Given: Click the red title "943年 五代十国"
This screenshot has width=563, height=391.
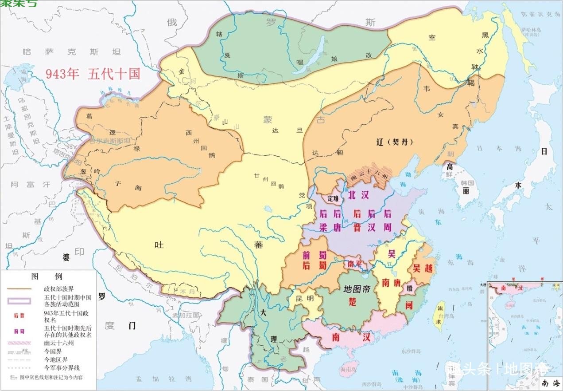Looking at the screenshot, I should pos(93,74).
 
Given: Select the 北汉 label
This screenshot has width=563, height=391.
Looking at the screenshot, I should pos(359,195).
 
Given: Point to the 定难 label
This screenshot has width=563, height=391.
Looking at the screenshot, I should pos(333,199).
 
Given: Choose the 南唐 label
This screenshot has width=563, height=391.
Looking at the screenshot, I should pos(392,282).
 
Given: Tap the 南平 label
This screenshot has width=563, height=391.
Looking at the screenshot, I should pos(355,264).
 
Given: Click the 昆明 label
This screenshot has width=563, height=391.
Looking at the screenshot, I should pos(304,298).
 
